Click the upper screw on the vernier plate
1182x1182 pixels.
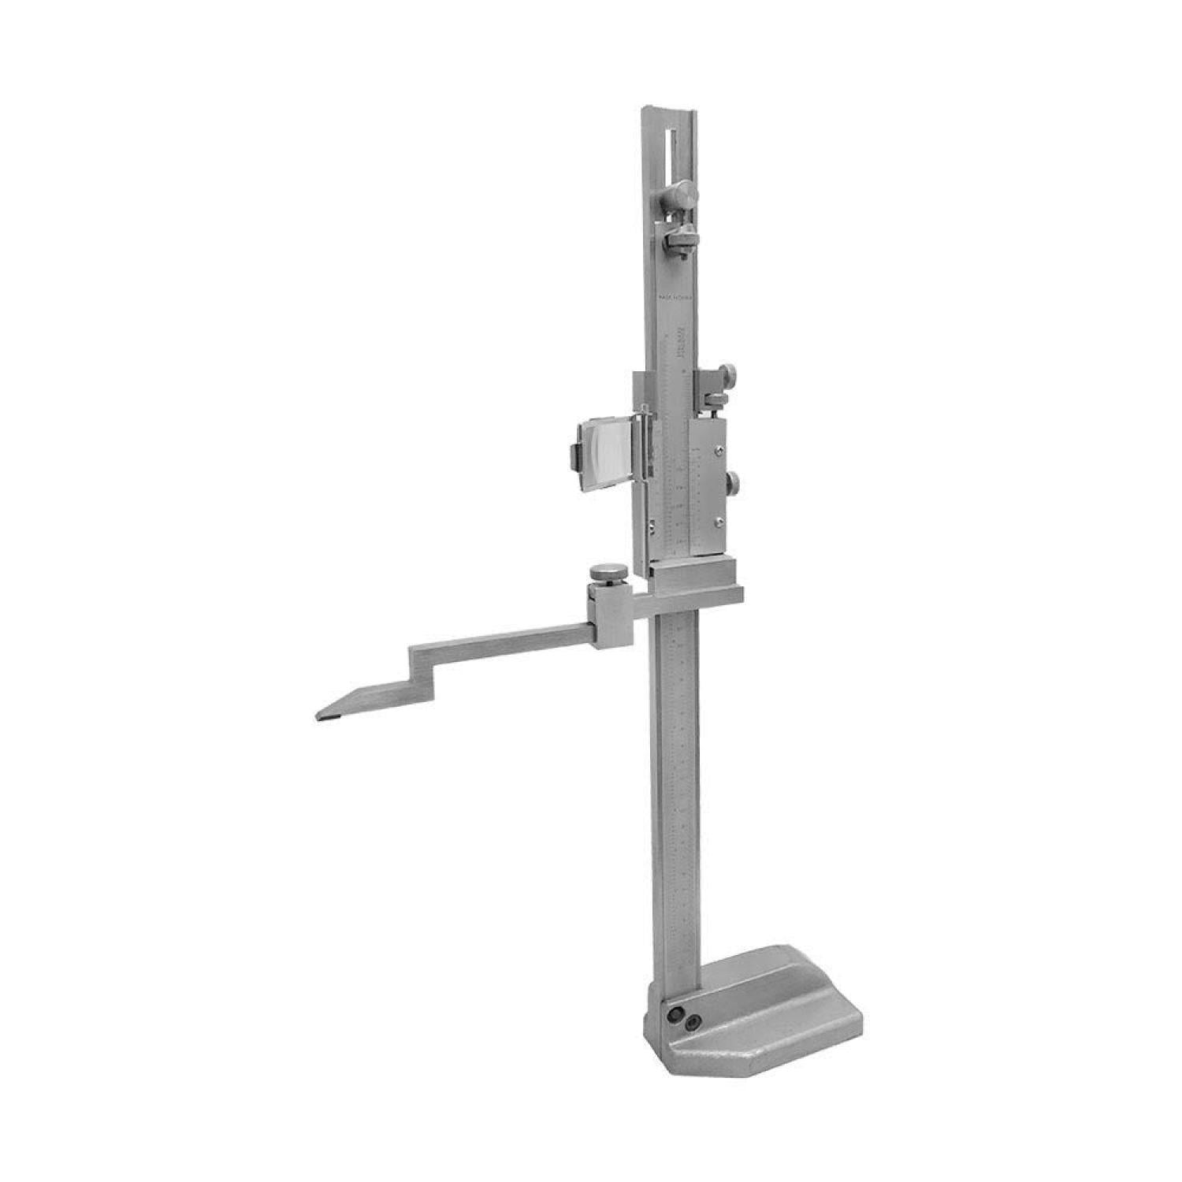[719, 451]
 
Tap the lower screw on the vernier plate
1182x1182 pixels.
[719, 522]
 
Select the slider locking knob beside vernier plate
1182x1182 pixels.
[733, 483]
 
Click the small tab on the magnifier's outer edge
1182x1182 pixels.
[572, 457]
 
